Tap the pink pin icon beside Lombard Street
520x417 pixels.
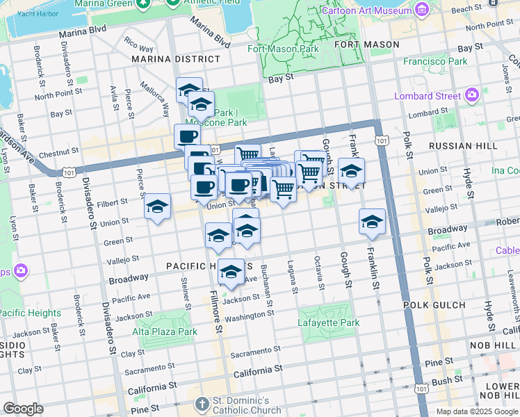coord(473,95)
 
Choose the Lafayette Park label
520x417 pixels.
coord(329,322)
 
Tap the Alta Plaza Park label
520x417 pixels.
coord(165,332)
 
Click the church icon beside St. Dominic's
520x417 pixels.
coord(202,403)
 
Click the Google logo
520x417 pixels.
coord(23,409)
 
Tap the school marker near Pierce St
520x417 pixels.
coord(158,206)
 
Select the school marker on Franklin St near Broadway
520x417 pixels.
coord(372,222)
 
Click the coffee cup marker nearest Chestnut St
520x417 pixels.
coord(187,136)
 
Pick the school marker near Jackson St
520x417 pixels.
coord(231,272)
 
